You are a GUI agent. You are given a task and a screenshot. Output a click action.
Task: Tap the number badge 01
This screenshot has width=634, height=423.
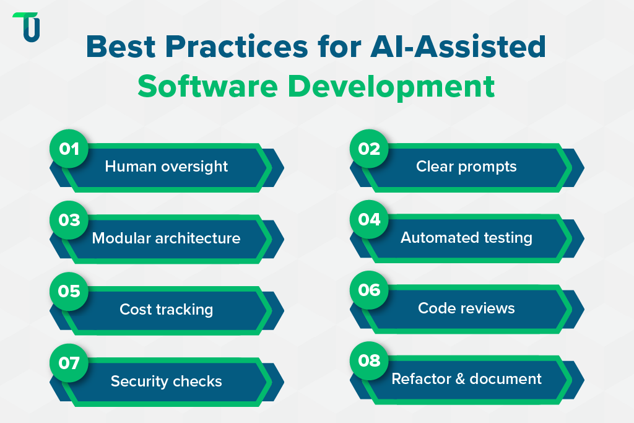coord(69,149)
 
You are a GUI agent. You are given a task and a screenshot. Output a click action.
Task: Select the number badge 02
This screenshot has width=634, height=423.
coord(370,149)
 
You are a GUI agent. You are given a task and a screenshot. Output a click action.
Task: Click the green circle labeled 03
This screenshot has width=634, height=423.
coord(69,220)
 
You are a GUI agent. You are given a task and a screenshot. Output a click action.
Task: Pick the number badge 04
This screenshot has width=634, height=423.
coord(370,220)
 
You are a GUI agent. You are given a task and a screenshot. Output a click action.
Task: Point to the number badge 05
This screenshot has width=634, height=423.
coord(69,290)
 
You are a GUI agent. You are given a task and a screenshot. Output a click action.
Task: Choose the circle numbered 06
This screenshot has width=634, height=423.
coord(370,290)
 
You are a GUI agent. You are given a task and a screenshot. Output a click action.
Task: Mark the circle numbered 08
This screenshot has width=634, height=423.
coord(370,361)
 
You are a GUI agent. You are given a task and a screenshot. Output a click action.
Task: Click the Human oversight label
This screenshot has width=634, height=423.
coord(166,167)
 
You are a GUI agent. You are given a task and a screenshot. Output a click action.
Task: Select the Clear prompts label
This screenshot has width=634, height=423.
coord(466,167)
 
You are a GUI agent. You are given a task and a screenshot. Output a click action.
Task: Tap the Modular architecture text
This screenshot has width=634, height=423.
coord(166,238)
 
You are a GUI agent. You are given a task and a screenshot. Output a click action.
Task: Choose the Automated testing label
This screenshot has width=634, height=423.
coord(466,238)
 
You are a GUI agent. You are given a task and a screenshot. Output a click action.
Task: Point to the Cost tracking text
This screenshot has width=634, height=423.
coord(166,309)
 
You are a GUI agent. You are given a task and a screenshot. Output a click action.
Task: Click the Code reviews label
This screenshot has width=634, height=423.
coord(466,308)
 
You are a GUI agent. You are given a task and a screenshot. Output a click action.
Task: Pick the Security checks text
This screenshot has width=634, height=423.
coord(166,381)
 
